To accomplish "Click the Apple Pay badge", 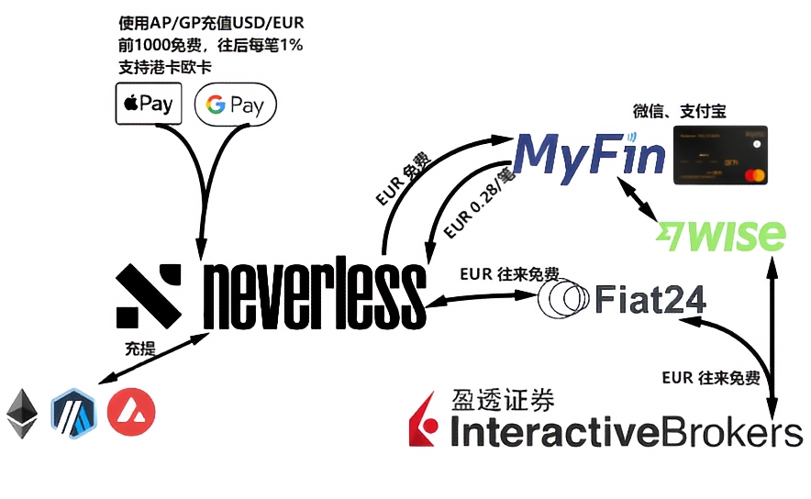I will [x=149, y=104].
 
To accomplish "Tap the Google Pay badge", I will [x=236, y=105].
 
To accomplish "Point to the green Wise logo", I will [x=721, y=235].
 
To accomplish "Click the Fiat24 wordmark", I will [x=651, y=298].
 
